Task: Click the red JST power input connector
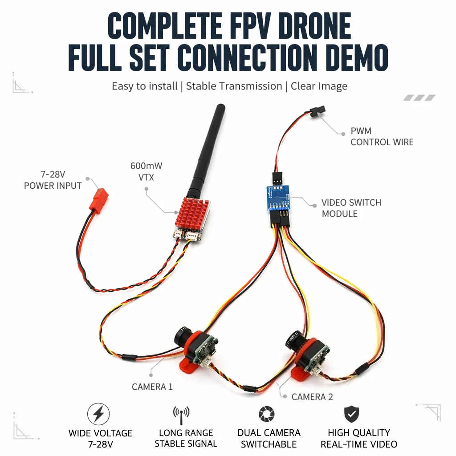point(100,198)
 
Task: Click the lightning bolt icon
point(98,414)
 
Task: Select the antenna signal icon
point(181,415)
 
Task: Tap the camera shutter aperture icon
point(267,414)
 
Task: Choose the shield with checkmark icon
point(352,414)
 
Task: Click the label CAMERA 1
point(152,387)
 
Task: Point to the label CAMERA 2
point(312,397)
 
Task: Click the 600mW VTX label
point(146,171)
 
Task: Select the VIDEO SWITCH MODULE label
point(351,208)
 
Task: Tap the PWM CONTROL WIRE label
point(382,136)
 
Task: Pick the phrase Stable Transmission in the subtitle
point(234,86)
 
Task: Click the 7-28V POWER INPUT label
point(53,180)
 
